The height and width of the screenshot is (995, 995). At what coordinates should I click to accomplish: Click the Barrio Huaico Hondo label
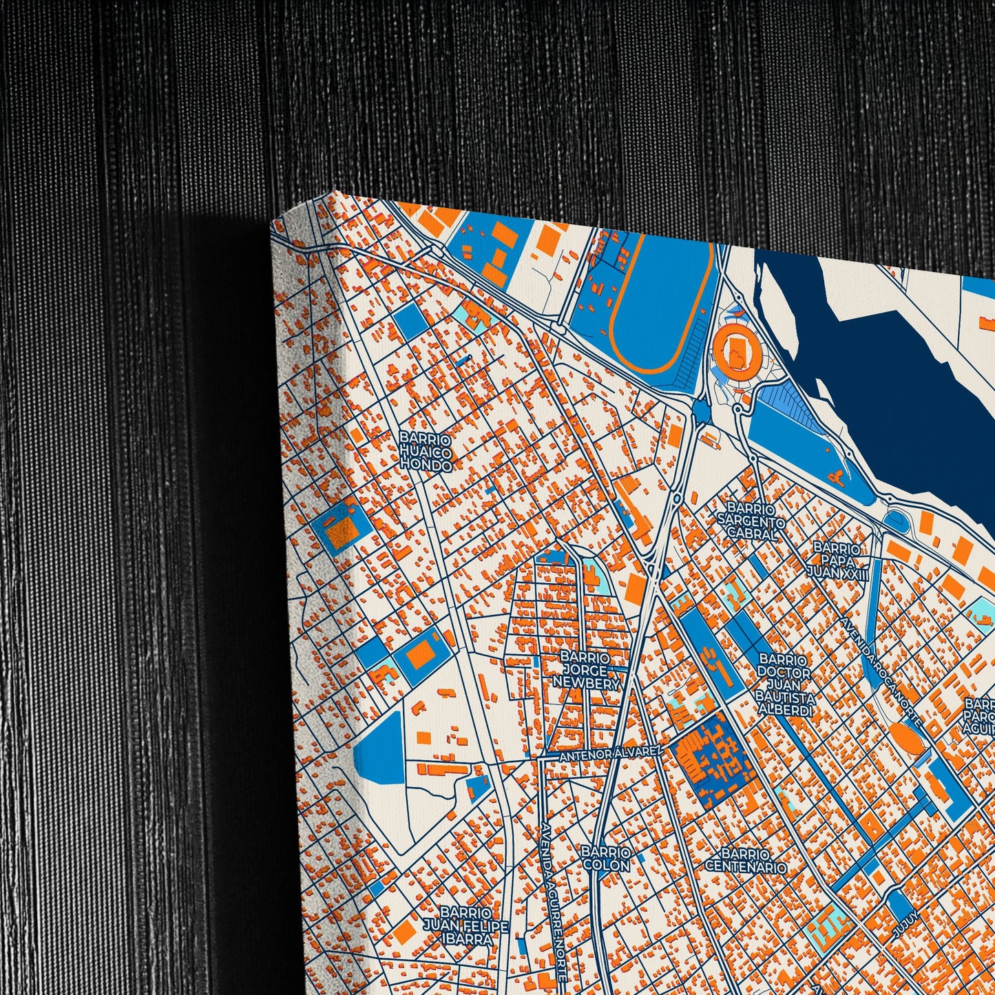426,452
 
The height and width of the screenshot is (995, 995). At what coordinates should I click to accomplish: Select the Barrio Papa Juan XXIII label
837,561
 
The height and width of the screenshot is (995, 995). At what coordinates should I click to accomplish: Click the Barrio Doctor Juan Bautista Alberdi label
785,685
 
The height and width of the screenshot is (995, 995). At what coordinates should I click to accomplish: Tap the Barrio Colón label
605,859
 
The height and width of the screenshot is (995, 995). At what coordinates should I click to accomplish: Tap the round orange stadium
740,345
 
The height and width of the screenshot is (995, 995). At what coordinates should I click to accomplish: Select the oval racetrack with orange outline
660,303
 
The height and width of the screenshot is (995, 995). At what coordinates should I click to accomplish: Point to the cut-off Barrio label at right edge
979,716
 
